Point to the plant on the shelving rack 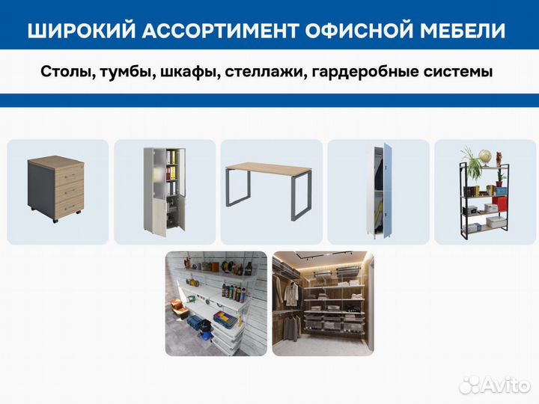click(x=471, y=161)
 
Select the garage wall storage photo click(x=216, y=303)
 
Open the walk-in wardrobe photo click(x=323, y=303)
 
